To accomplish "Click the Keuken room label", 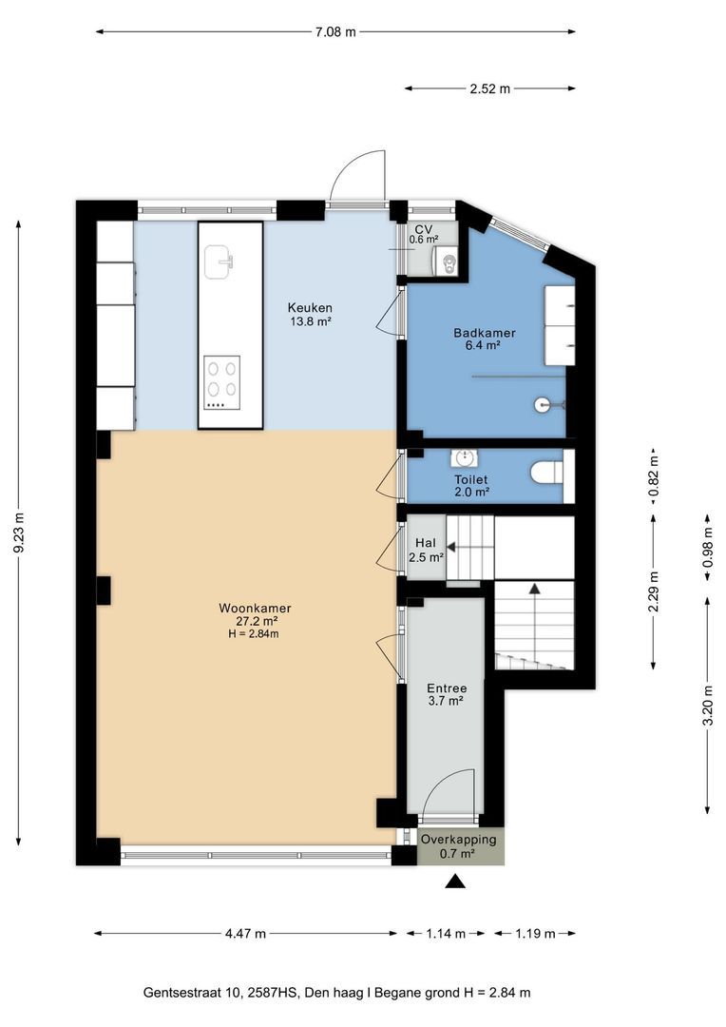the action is pos(310,314).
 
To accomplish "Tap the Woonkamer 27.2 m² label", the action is pos(255,614).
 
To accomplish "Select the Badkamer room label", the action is pos(485,339).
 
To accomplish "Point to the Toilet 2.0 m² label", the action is pos(472,485).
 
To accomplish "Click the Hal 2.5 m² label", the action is pos(426,551).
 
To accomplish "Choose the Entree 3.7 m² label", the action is pos(447,694).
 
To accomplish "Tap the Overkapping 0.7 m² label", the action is pos(458,845).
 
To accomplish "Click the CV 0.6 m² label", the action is pos(424,234).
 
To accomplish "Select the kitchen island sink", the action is pos(220,262).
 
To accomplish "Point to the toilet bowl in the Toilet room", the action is pos(546,473).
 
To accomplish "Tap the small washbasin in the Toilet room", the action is pos(465,457).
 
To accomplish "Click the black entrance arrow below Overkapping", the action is pos(455,882).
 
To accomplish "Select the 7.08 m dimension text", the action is pos(335,31).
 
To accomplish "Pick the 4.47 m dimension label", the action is pos(245,934).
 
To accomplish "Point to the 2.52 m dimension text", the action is pos(489,88).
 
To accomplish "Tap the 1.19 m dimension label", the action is pos(535,934).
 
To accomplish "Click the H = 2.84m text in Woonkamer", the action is pos(254,633).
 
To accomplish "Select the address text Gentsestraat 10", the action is pos(193,992).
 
